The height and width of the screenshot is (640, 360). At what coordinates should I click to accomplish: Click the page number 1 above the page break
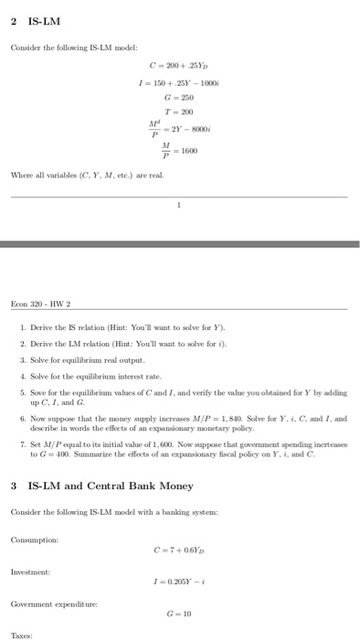180,206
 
